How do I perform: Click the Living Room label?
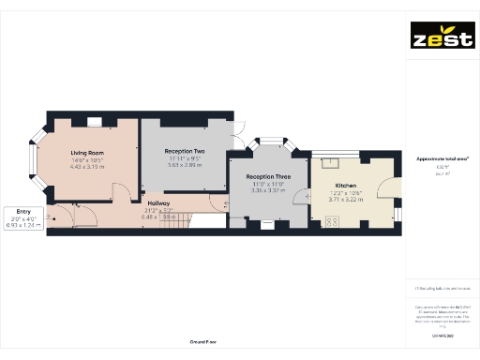coord(87,152)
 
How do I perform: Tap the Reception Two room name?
coord(185,151)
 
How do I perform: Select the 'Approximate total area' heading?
coord(442,158)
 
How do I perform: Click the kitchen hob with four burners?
coord(331,221)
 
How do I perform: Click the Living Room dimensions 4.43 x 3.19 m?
coord(87,167)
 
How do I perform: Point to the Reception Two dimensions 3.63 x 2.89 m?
coord(185,165)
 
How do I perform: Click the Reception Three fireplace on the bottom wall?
coord(266,223)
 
